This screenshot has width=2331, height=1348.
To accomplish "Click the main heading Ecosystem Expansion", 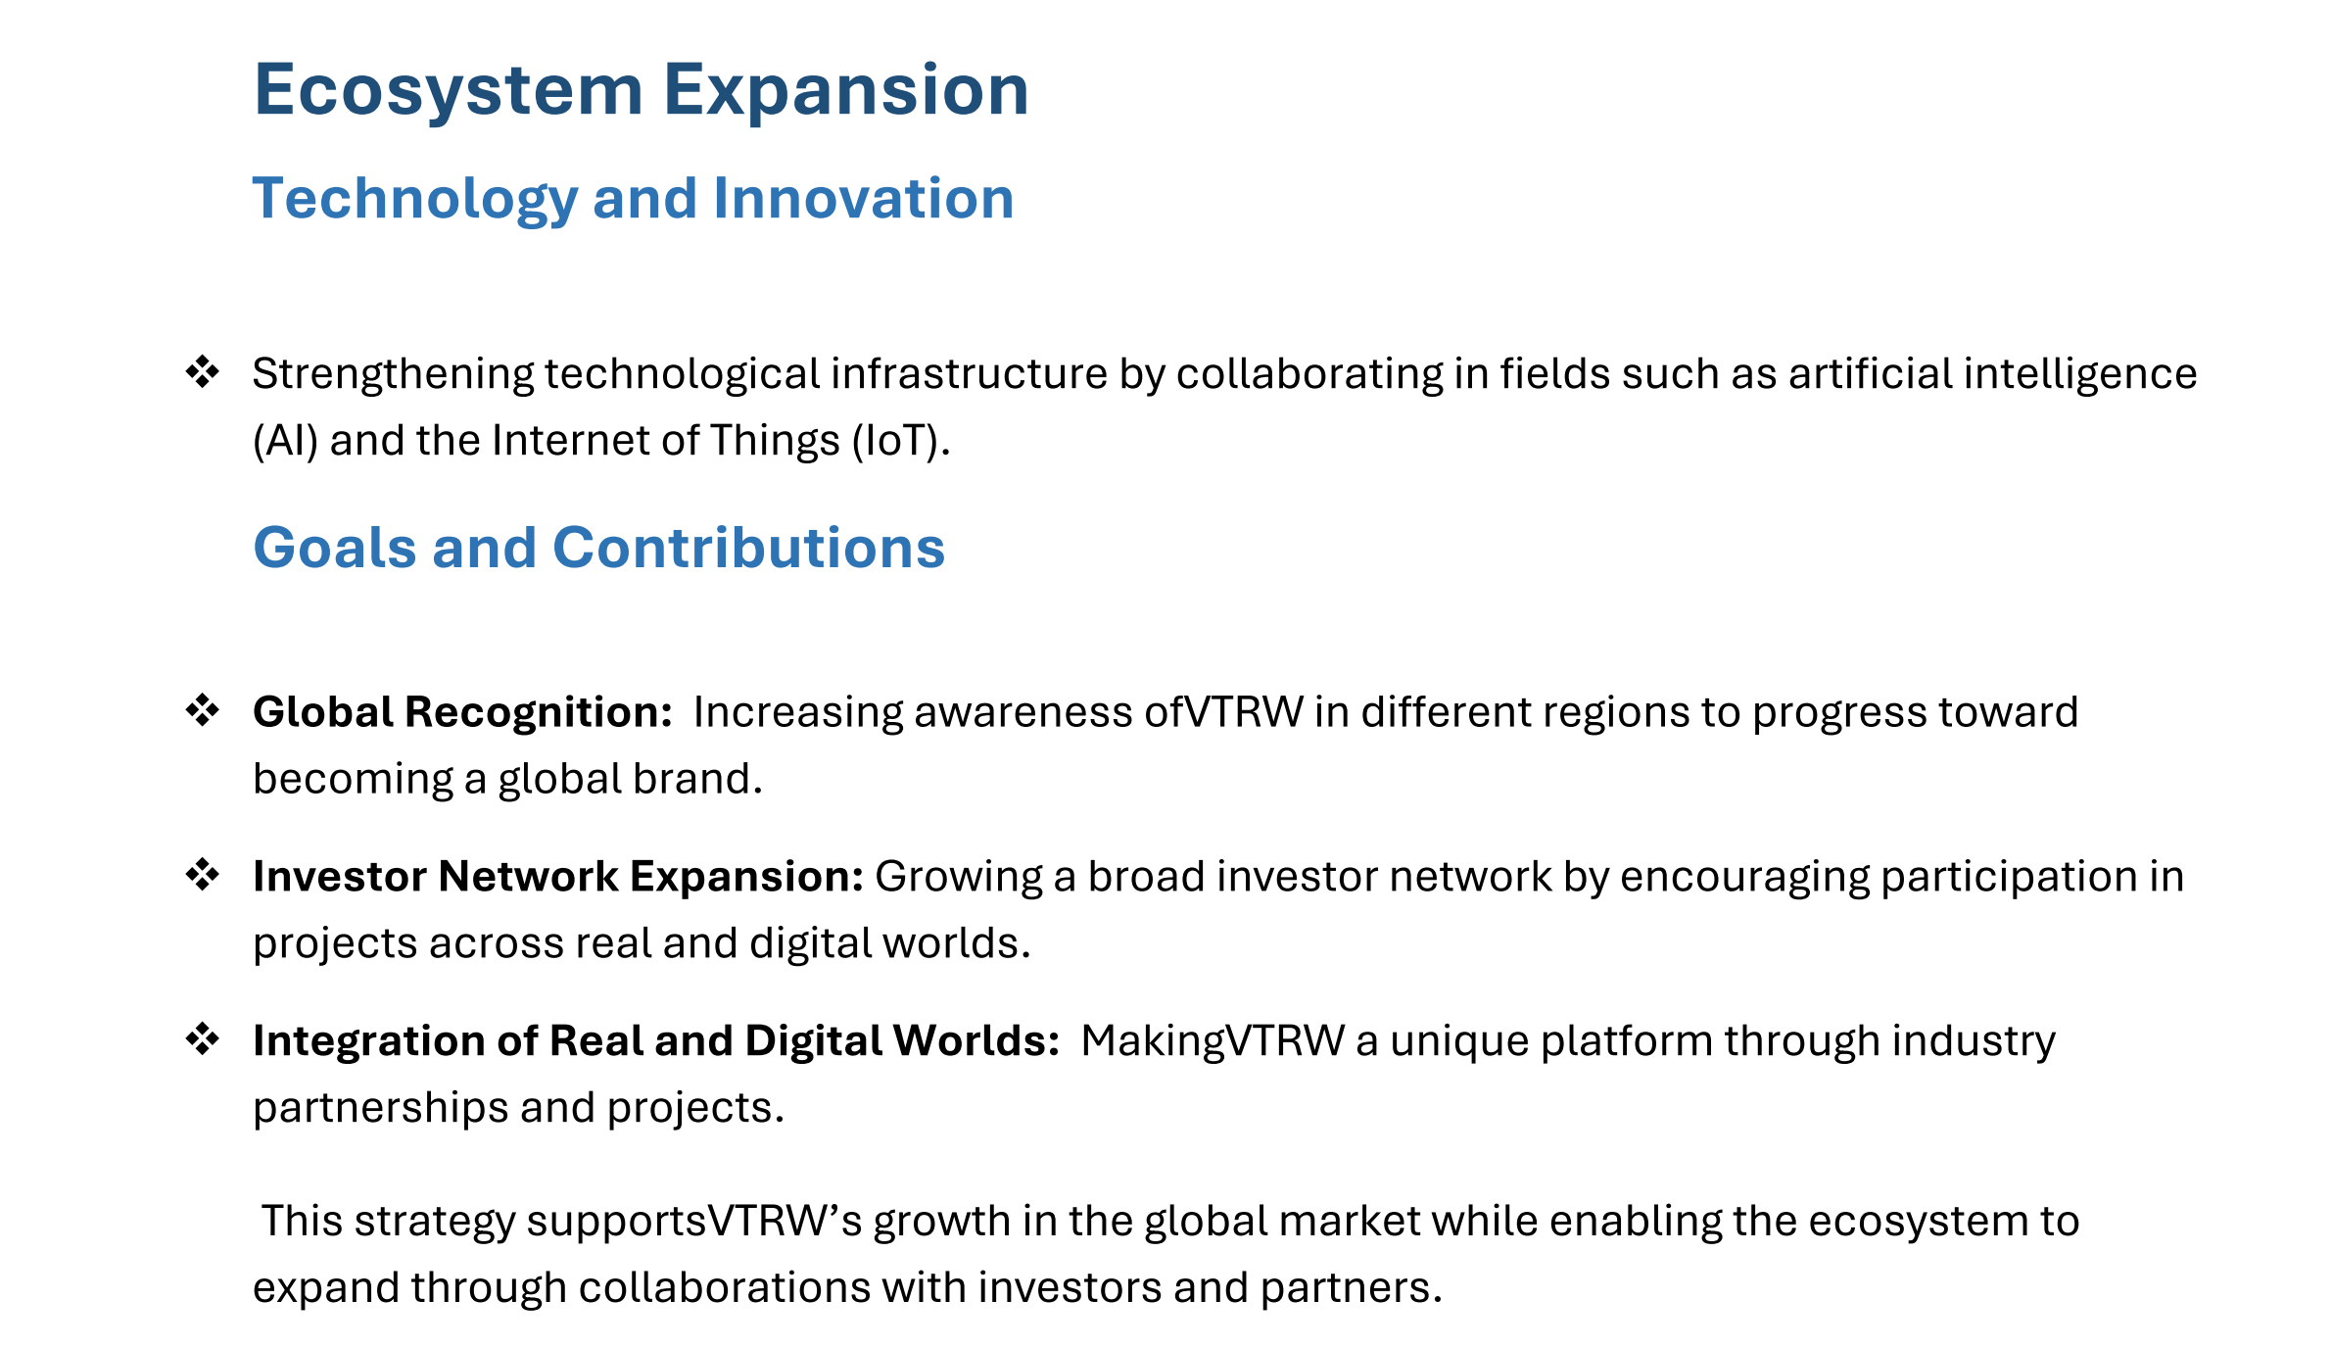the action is [642, 91].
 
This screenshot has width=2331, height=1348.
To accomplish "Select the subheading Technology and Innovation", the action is [633, 199].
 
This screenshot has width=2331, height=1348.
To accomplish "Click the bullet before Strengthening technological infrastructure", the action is [203, 371].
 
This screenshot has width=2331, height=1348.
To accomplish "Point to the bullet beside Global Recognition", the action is [203, 710].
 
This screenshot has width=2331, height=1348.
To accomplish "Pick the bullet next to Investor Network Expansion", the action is [203, 875].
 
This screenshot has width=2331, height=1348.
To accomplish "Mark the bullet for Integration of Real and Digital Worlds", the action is [203, 1038].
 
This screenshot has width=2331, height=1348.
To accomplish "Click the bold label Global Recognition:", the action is [462, 712].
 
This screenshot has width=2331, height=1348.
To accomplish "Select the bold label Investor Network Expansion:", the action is [558, 877].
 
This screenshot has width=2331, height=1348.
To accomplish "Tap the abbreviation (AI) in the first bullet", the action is [286, 441].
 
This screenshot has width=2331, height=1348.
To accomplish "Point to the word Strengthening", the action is [393, 374].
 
